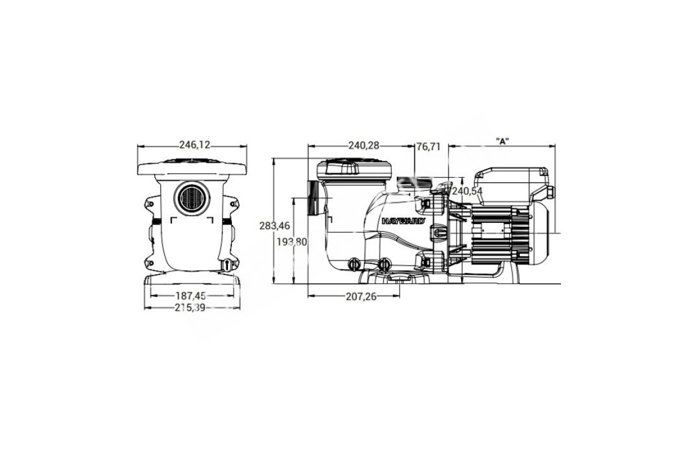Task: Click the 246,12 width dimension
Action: [x=194, y=145]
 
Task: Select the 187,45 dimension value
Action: [x=190, y=295]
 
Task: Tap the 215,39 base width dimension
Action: [x=190, y=307]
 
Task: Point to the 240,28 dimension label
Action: [x=364, y=146]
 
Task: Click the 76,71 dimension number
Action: [x=429, y=147]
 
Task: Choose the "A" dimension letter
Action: [x=502, y=141]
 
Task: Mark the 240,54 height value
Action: [x=467, y=191]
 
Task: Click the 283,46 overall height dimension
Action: [x=275, y=226]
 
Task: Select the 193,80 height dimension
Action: [x=292, y=242]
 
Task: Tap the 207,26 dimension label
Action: [x=361, y=296]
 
